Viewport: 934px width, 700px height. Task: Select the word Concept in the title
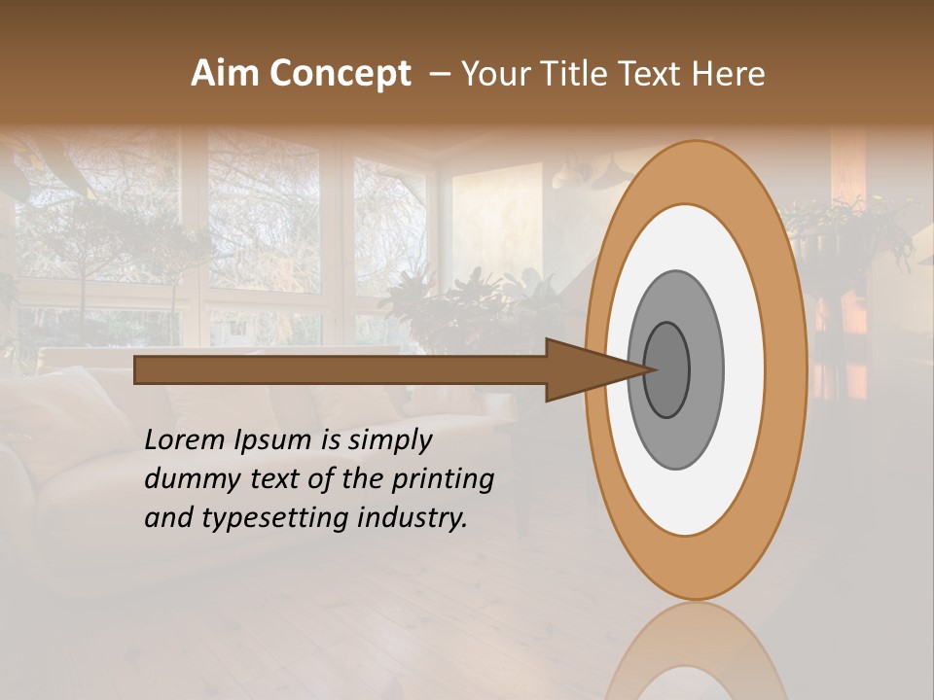point(341,75)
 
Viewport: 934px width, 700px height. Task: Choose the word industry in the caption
point(413,518)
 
